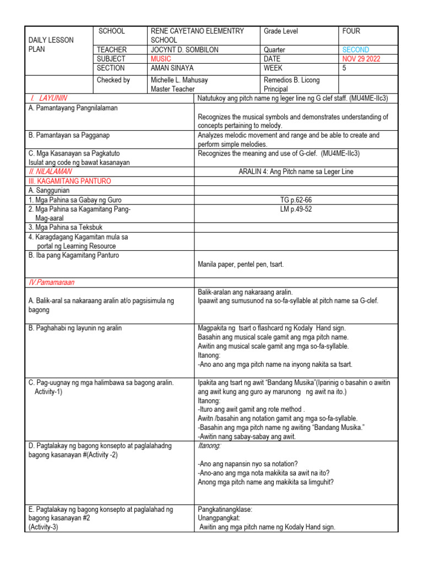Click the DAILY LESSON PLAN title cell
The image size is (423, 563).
[x=51, y=45]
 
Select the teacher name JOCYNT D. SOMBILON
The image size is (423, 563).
[x=185, y=49]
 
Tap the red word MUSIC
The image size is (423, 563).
[x=160, y=59]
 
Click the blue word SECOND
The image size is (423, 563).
[x=355, y=49]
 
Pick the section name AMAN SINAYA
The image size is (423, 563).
[x=173, y=68]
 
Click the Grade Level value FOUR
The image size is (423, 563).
[x=351, y=31]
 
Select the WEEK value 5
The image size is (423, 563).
[x=344, y=68]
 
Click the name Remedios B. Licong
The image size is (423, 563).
[x=291, y=80]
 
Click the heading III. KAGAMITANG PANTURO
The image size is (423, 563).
[x=69, y=181]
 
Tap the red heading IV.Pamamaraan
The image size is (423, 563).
[x=51, y=282]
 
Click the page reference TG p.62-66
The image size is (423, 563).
[x=296, y=200]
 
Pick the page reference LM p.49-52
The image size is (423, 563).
[x=296, y=209]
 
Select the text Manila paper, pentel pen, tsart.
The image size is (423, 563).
[x=241, y=264]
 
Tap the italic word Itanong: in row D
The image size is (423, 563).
[x=209, y=446]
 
